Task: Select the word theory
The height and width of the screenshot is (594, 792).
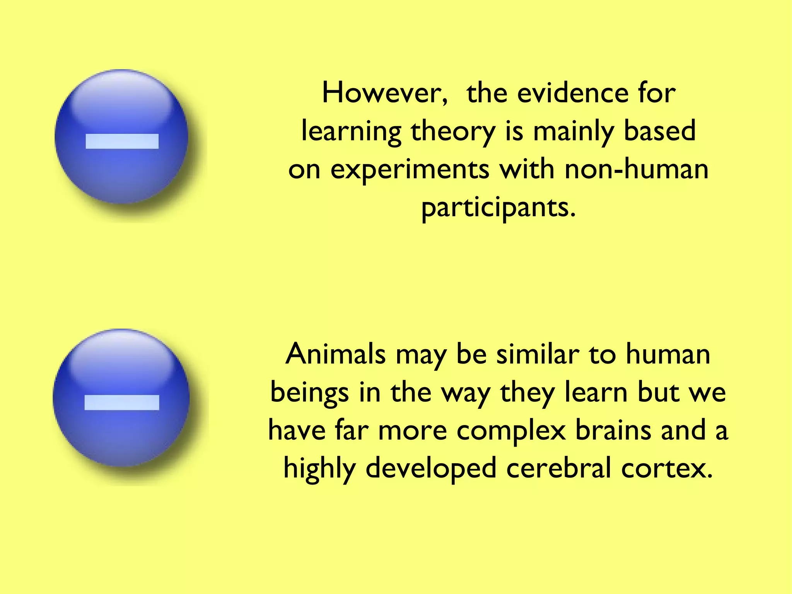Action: coord(453,131)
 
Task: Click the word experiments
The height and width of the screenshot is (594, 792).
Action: coord(410,170)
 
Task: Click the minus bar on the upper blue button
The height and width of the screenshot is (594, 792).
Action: coord(122,141)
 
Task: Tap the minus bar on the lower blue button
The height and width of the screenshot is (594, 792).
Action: coord(122,402)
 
